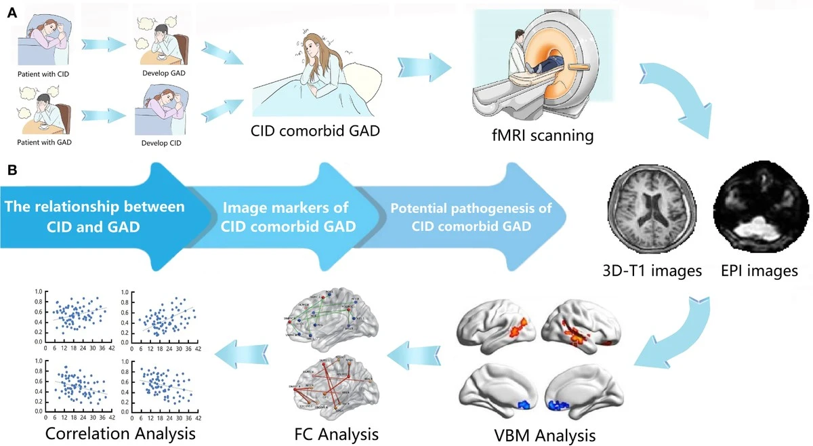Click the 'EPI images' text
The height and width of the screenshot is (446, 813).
[x=759, y=271]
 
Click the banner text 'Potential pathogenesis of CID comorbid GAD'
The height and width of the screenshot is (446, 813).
[x=471, y=217]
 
